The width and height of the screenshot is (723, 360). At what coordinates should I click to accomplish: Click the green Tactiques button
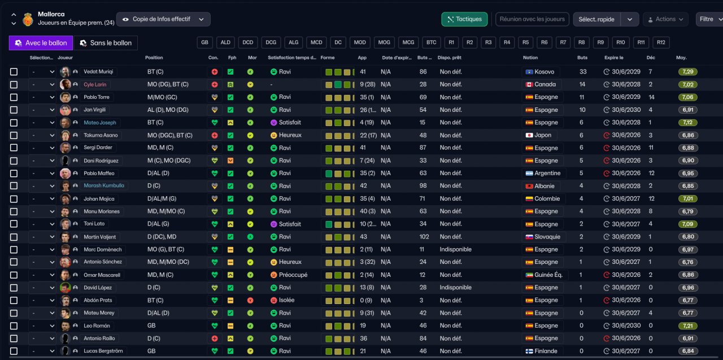pos(464,19)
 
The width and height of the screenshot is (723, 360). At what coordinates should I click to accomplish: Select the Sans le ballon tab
pos(106,43)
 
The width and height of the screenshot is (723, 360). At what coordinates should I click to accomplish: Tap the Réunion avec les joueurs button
pos(532,19)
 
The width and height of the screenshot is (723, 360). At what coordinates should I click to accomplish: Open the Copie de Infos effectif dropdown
pos(163,19)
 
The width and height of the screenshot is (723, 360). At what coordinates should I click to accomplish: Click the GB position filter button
pos(204,42)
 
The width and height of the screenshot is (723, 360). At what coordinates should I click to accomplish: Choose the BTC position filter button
pos(431,42)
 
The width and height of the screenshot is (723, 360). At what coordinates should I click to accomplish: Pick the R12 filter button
pos(661,42)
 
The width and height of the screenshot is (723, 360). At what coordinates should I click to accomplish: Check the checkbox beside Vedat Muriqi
pos(14,72)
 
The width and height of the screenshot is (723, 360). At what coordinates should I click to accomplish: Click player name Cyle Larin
pos(95,85)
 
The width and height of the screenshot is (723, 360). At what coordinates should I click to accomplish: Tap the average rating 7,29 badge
pos(687,72)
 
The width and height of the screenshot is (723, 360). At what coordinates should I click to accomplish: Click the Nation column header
pos(530,58)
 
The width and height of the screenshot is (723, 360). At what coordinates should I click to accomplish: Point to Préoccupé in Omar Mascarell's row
pos(293,275)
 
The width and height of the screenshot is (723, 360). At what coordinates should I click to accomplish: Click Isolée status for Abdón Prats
pos(286,300)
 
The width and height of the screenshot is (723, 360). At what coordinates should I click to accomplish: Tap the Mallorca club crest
pos(28,19)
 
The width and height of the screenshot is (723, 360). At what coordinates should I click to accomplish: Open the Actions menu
pos(665,19)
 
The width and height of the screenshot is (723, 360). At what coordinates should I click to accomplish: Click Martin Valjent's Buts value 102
pos(424,237)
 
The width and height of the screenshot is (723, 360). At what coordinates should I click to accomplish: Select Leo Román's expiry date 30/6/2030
pos(626,326)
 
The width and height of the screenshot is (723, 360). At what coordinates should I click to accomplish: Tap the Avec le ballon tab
pos(41,43)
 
